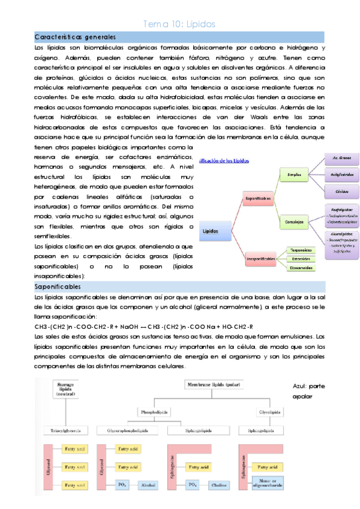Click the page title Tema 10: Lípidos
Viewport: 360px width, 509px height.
[179, 24]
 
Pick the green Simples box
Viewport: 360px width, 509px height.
[294, 175]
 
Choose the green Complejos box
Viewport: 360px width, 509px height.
[294, 221]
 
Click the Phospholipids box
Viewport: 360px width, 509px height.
[154, 412]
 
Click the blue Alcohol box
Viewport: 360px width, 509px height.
[148, 484]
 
